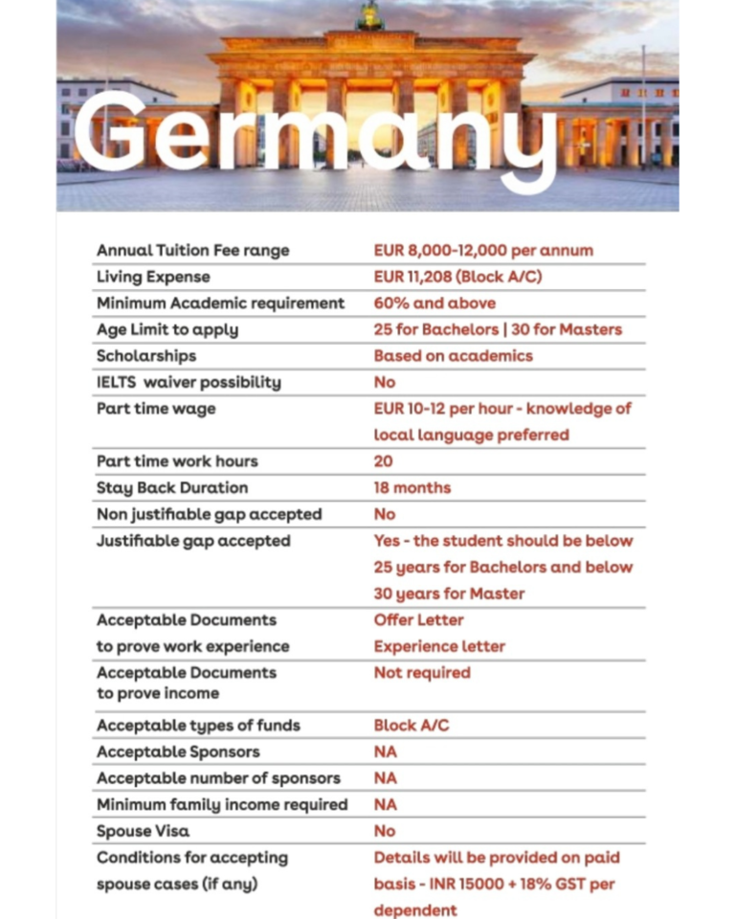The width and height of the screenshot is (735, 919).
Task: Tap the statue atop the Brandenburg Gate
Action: coord(370,16)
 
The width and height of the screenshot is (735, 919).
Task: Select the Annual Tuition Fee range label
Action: coord(192,251)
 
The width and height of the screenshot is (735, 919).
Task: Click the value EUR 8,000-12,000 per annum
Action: coord(483,251)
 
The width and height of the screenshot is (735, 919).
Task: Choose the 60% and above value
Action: coord(434,303)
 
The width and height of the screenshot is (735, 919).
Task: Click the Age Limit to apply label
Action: coord(167,330)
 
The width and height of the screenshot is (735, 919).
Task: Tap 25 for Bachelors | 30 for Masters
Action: coord(498,330)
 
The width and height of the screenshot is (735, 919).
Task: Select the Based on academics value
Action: coord(453,356)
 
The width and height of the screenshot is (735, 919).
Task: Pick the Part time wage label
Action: coord(156,409)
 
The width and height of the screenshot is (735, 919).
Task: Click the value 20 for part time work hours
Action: coord(383,461)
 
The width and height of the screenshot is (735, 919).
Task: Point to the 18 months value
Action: coord(412,488)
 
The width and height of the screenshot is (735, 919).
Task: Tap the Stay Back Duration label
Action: coord(172,488)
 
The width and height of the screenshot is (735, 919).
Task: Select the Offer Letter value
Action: coord(418,620)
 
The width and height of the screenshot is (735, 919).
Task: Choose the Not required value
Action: coord(422,673)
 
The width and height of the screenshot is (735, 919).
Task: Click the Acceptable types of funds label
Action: coord(198,726)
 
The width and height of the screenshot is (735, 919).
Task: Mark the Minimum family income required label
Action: coord(222,805)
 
